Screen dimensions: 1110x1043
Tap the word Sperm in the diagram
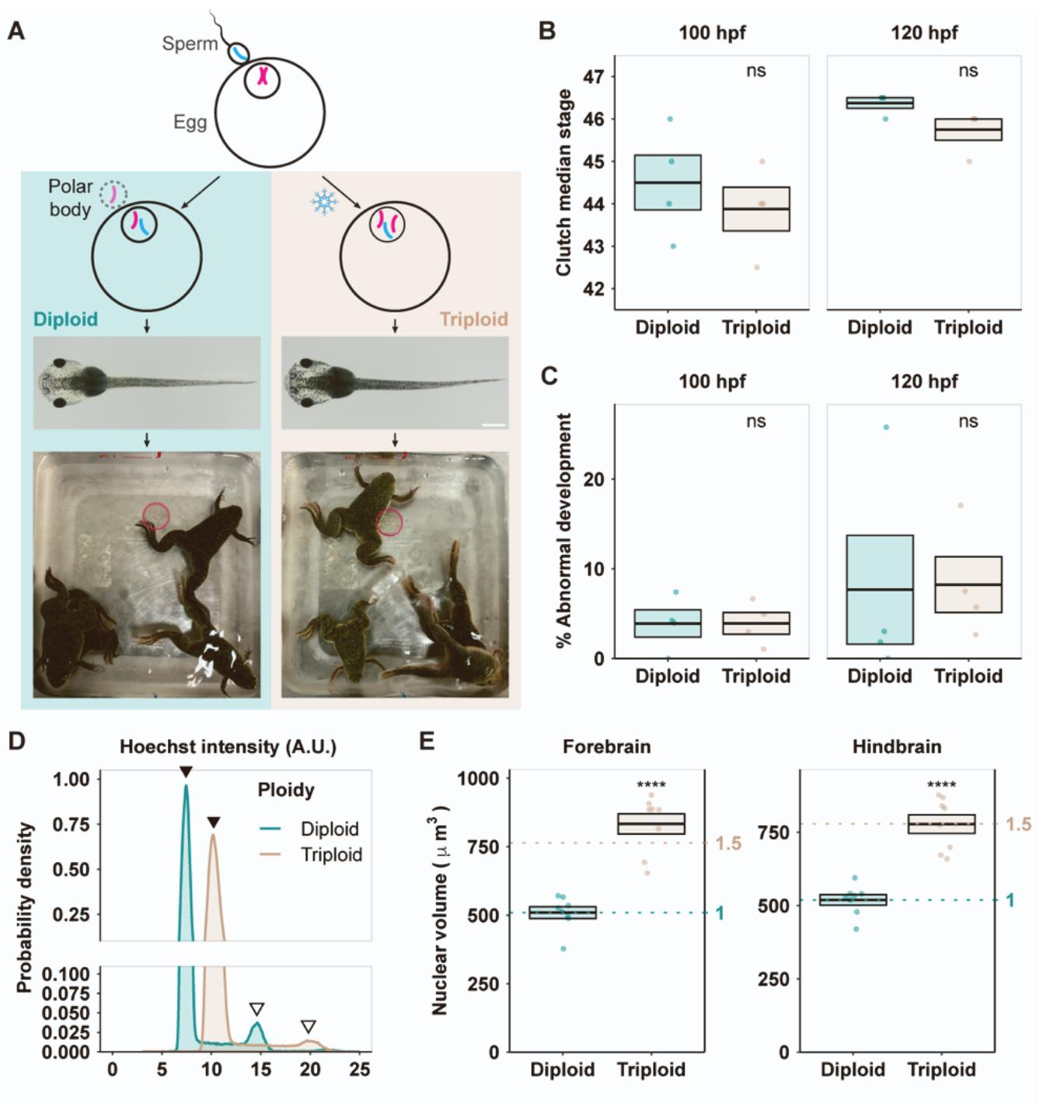pyautogui.click(x=190, y=44)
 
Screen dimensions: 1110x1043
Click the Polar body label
pyautogui.click(x=70, y=197)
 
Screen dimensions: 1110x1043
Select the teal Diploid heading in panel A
pyautogui.click(x=65, y=319)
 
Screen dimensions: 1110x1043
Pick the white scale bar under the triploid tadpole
pyautogui.click(x=494, y=425)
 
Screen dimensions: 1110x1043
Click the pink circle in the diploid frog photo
pyautogui.click(x=155, y=515)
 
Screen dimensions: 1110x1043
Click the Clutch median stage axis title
pyautogui.click(x=564, y=183)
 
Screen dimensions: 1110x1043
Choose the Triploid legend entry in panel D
pyautogui.click(x=331, y=855)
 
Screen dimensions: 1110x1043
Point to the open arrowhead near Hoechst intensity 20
pyautogui.click(x=309, y=1026)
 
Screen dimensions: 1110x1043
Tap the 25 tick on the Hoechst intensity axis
pyautogui.click(x=359, y=1070)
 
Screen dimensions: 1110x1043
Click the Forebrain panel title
pyautogui.click(x=607, y=747)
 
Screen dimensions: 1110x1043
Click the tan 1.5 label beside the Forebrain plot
pyautogui.click(x=727, y=843)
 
